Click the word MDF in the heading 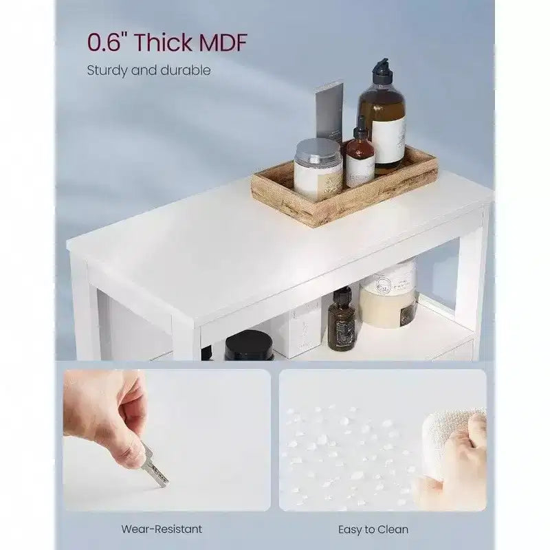[x=223, y=43]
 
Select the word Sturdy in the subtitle [x=107, y=71]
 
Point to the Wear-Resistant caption [x=162, y=529]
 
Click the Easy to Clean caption [x=373, y=529]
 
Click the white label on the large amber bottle [x=388, y=140]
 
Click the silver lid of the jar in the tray [x=318, y=151]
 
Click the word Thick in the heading [x=163, y=43]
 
